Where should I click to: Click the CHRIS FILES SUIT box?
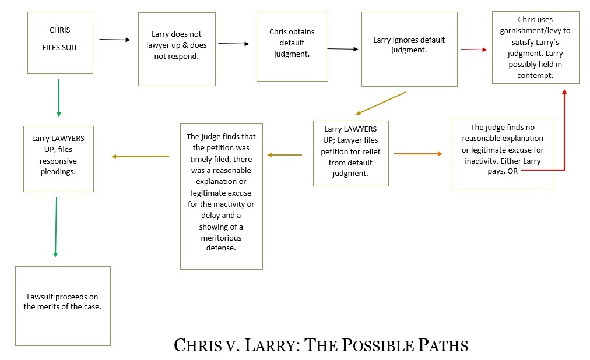click(x=60, y=43)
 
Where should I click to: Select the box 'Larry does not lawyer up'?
click(x=177, y=49)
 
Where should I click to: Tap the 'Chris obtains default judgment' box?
click(x=292, y=46)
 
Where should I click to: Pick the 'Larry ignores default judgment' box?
click(x=409, y=49)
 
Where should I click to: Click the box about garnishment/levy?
click(x=535, y=47)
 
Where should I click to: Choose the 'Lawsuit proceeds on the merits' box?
click(x=63, y=306)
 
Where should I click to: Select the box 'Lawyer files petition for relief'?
click(x=351, y=153)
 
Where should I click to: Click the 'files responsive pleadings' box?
click(x=58, y=159)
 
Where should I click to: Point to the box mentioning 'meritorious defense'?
click(x=222, y=196)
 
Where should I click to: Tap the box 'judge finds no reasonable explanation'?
click(x=503, y=153)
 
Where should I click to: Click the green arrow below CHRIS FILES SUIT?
click(x=59, y=98)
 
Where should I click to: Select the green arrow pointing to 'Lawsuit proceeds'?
click(x=56, y=227)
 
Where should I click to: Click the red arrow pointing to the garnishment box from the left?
click(x=474, y=50)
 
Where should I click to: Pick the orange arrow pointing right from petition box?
click(x=417, y=154)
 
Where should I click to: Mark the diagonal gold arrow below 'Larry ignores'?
click(x=381, y=103)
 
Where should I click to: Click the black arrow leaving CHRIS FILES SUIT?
click(x=115, y=40)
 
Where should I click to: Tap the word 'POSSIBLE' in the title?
click(x=378, y=345)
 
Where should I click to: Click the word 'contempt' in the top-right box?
click(x=535, y=76)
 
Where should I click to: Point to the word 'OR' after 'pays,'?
click(x=512, y=171)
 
